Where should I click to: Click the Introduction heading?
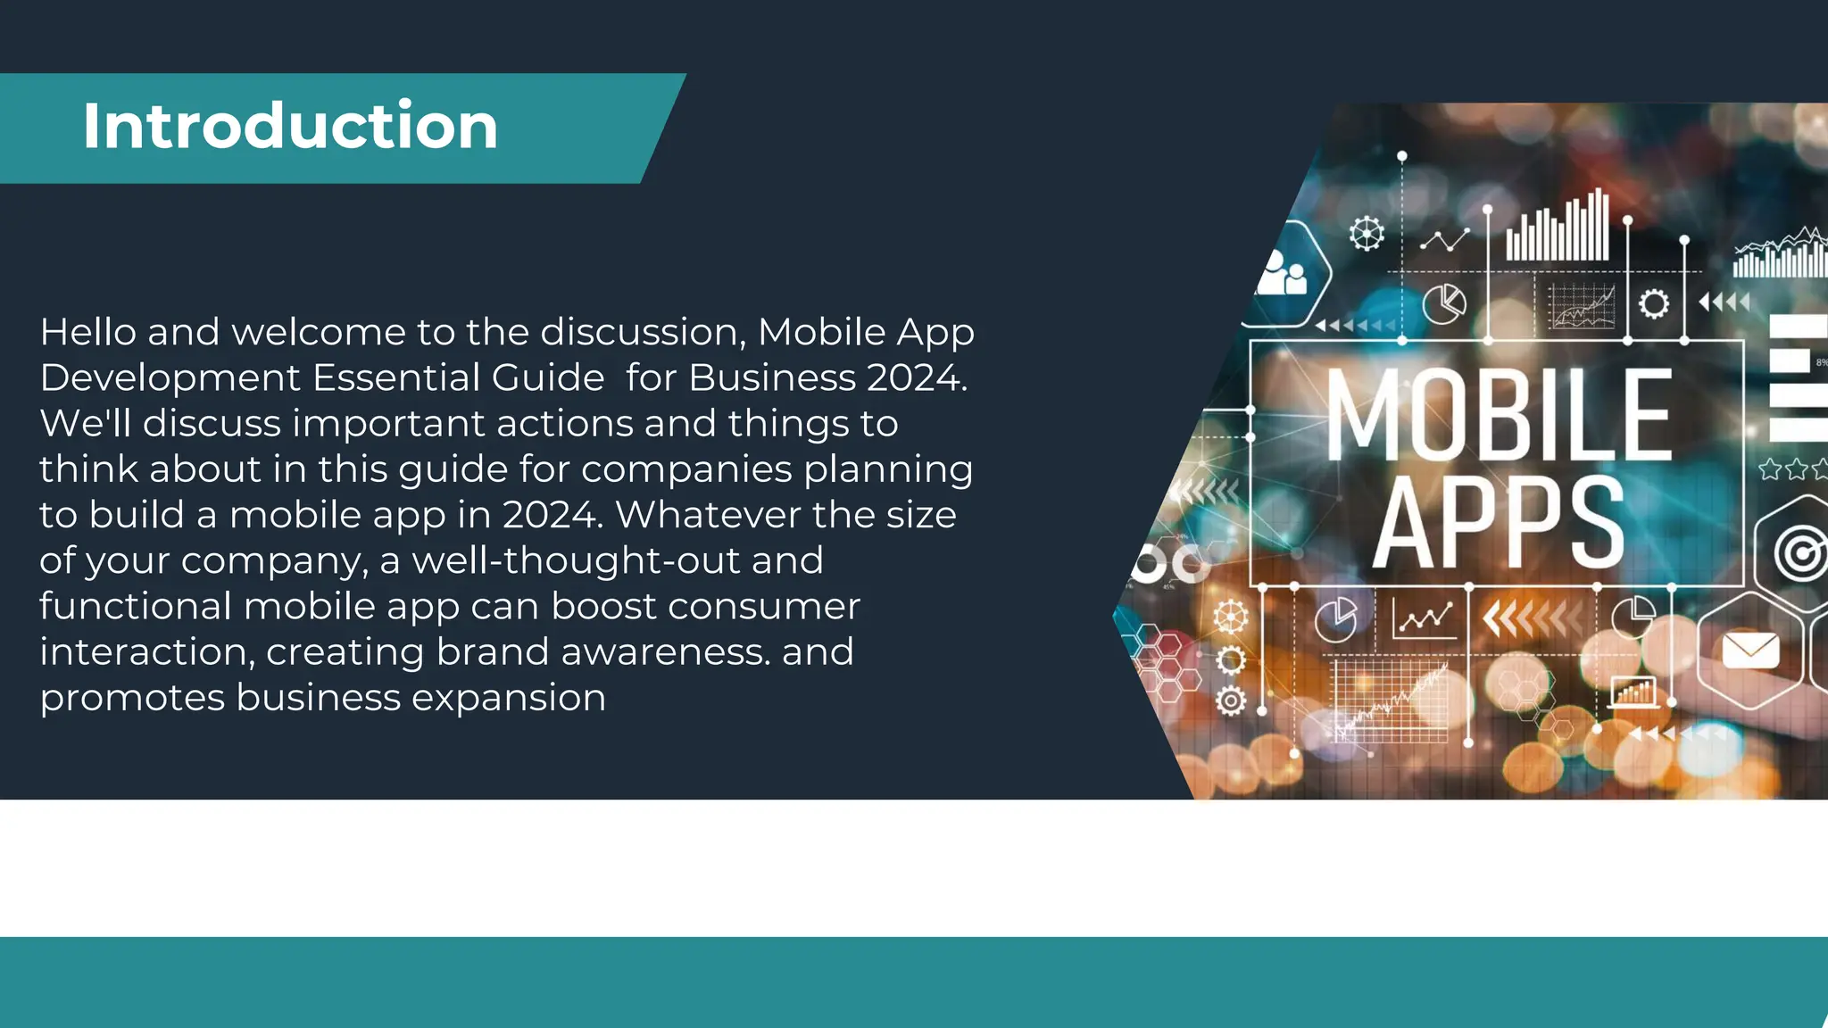coord(290,126)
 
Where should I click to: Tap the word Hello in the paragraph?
coord(87,332)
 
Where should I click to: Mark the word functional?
coord(135,606)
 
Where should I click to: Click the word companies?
coord(686,469)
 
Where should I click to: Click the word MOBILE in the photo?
coord(1499,415)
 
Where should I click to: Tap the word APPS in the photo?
coord(1499,524)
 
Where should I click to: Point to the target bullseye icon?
coord(1800,554)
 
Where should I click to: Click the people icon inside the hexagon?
coord(1283,273)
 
